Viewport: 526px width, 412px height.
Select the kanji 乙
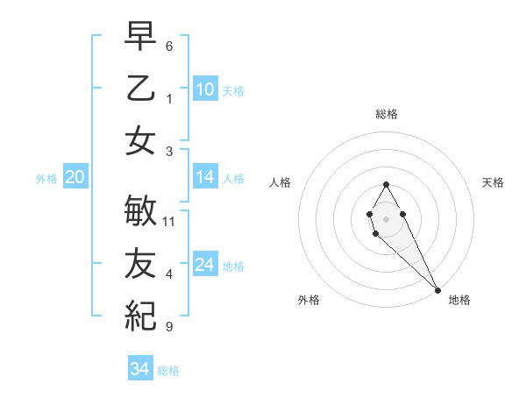140,88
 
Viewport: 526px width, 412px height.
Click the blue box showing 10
205,89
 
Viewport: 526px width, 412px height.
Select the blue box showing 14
205,177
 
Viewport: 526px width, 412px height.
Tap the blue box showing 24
205,265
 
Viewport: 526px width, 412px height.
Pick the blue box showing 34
140,369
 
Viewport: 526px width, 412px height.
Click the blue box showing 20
75,178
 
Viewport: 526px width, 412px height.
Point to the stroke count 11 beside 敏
169,222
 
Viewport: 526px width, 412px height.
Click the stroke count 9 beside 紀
168,327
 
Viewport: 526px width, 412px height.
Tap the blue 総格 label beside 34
168,371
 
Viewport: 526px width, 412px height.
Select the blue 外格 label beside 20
46,179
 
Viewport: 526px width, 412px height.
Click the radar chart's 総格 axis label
387,114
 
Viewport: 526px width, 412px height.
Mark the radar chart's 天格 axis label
493,182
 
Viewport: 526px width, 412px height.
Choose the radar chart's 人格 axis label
281,182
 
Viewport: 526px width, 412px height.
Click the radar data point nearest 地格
437,290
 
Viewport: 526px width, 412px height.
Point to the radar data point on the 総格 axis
386,184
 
